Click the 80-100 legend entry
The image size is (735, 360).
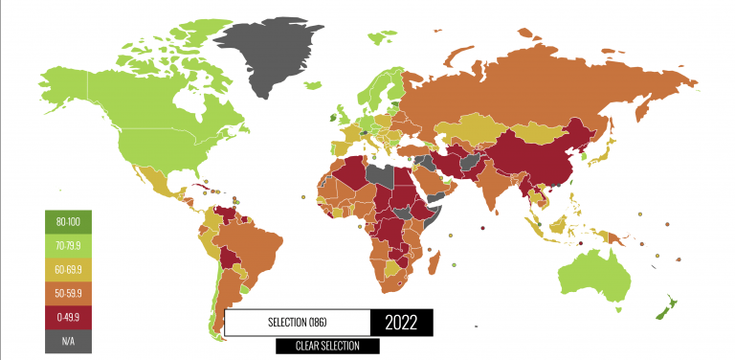pyautogui.click(x=68, y=223)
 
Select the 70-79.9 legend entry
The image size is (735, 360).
pyautogui.click(x=68, y=246)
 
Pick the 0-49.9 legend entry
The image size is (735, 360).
pyautogui.click(x=68, y=316)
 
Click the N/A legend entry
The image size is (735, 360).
pyautogui.click(x=68, y=339)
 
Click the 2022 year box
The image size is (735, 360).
pyautogui.click(x=401, y=323)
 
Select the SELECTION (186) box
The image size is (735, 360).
pyautogui.click(x=297, y=323)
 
